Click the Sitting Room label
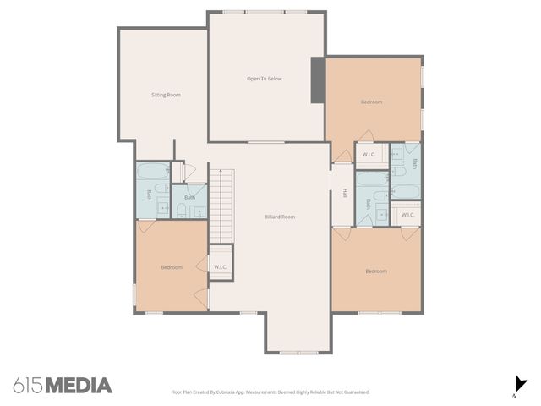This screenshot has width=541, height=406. coord(166,95)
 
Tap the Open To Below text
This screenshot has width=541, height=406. coord(264,79)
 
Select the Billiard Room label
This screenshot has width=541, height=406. coord(280,217)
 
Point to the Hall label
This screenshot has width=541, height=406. coord(345,194)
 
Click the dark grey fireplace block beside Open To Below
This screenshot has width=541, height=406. coord(317,80)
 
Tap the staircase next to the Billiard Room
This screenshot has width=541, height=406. coord(221,204)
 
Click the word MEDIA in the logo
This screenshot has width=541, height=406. coord(78,386)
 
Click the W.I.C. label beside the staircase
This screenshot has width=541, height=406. coord(221,267)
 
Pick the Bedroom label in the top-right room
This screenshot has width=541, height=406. coord(371,101)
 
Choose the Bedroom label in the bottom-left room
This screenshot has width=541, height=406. coord(172,267)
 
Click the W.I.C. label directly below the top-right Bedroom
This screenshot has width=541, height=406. coord(369,154)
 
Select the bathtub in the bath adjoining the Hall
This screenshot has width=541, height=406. coord(371,178)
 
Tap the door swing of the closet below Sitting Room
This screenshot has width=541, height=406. coord(189,172)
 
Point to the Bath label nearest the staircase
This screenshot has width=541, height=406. coord(189,198)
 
